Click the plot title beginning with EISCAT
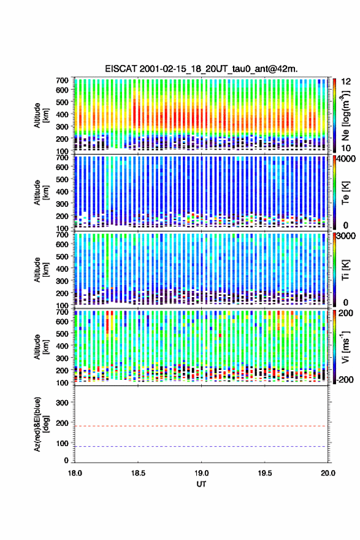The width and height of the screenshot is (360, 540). [201, 69]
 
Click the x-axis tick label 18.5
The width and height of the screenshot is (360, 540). [137, 473]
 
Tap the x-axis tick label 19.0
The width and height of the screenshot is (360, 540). [201, 473]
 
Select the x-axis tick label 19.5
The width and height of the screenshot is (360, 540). [265, 473]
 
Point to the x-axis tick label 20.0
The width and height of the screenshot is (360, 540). [327, 473]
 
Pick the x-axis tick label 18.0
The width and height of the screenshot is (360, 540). [75, 473]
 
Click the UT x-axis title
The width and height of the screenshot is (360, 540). [201, 484]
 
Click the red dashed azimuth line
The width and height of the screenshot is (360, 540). [201, 426]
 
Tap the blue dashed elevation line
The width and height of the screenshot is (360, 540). [201, 447]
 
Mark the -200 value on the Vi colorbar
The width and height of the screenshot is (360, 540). [345, 380]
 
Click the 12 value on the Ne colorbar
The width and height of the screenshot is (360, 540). [347, 82]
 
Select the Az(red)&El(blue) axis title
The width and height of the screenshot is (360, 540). [41, 424]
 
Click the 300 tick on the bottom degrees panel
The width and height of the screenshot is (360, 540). [62, 403]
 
